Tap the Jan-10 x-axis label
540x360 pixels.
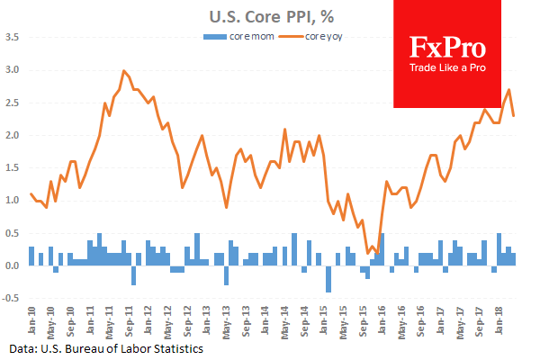point(31,321)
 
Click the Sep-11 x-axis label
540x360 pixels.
point(130,321)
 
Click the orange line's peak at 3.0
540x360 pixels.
point(123,70)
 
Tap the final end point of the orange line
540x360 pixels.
point(514,115)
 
